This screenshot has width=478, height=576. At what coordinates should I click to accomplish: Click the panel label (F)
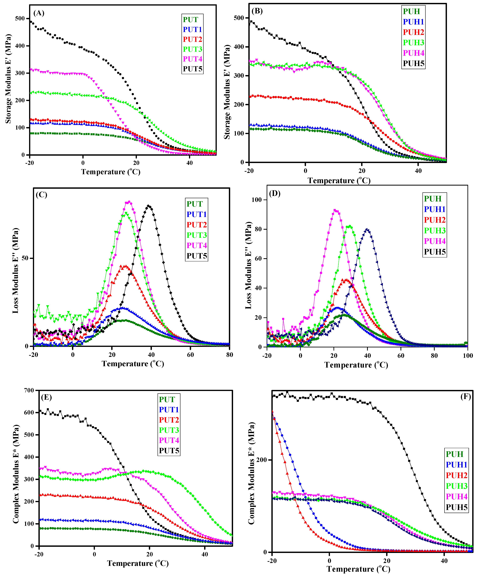(465, 397)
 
